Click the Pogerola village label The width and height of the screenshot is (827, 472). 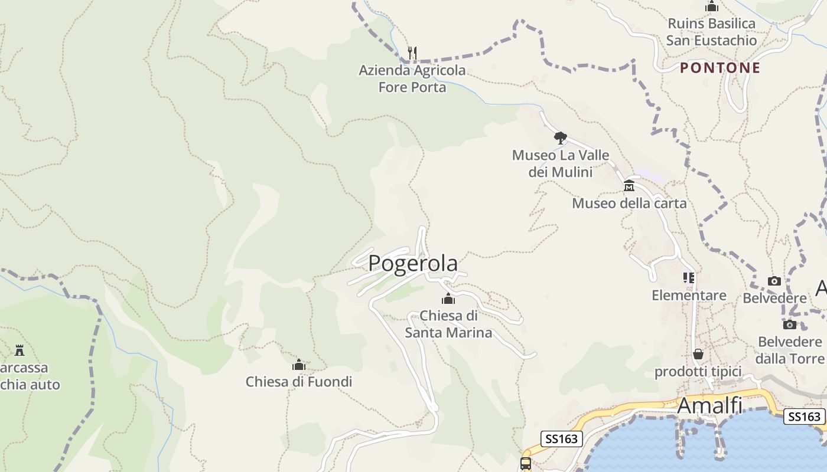(x=413, y=263)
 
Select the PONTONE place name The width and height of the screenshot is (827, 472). (x=720, y=68)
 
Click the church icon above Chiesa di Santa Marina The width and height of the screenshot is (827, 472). (x=448, y=299)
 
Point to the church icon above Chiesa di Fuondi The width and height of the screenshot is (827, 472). (x=299, y=365)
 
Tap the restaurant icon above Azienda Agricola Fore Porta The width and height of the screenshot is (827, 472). (x=412, y=53)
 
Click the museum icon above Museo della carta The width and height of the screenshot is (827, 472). (x=629, y=186)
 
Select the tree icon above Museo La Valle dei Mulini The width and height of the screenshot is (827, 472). (x=560, y=138)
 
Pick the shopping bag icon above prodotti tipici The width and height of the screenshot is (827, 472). (x=698, y=354)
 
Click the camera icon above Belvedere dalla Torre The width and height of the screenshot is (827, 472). (x=790, y=324)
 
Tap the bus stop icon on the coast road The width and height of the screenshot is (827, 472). (x=526, y=463)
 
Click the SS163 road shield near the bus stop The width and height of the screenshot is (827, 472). (x=562, y=438)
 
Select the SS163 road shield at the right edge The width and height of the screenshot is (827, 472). (x=804, y=417)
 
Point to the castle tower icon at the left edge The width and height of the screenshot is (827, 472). (x=19, y=350)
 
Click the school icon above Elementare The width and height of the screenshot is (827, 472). (x=689, y=277)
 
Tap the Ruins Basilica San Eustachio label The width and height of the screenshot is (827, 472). (x=711, y=32)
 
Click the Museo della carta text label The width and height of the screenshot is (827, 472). (x=629, y=204)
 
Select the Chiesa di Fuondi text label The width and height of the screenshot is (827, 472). (x=299, y=382)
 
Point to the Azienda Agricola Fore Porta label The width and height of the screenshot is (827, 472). (x=412, y=78)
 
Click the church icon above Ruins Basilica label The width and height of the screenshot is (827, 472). (x=712, y=6)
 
